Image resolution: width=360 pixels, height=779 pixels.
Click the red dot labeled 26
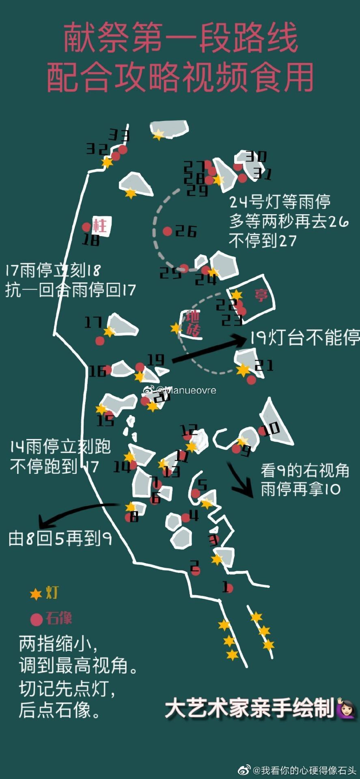tap(167, 231)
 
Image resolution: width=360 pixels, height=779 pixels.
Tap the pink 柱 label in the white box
tap(99, 225)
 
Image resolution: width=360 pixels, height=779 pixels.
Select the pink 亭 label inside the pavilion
tap(261, 295)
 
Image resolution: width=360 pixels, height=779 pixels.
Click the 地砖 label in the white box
tap(193, 323)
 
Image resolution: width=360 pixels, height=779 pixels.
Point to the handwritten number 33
tap(119, 135)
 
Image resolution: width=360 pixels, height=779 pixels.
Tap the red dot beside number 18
tap(86, 227)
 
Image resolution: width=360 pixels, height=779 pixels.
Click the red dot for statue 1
tap(229, 588)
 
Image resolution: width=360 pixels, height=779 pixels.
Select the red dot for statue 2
tap(196, 570)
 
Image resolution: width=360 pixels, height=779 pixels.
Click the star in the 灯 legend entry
tap(36, 594)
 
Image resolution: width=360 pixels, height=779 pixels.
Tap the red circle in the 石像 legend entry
tap(37, 619)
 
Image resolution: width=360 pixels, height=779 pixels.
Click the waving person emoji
tap(346, 708)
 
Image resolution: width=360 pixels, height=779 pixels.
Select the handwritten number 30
tap(256, 156)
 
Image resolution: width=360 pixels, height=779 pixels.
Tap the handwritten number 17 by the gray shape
tap(93, 322)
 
